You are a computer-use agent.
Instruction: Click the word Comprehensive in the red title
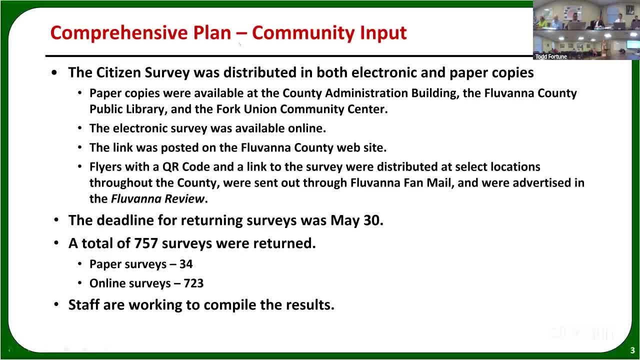pos(119,33)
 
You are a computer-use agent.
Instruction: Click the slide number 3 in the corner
pos(632,350)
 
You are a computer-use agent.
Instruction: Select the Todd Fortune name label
pos(551,56)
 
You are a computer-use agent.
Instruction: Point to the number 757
pos(146,243)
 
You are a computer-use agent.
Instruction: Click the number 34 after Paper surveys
pos(186,264)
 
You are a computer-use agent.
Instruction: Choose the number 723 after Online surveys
pos(193,283)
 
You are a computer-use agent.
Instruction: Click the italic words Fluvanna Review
pos(157,199)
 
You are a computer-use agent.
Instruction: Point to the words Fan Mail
pos(428,183)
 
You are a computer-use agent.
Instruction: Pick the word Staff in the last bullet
pos(84,304)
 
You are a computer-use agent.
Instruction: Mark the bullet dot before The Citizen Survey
pos(54,73)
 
